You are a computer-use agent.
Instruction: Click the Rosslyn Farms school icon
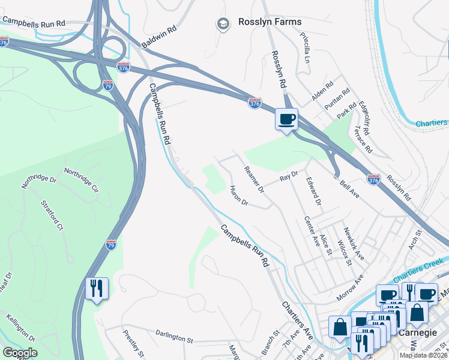223,24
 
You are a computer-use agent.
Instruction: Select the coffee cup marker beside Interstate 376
286,119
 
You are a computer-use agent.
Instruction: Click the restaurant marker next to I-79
96,289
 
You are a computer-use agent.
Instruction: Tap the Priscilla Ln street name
305,48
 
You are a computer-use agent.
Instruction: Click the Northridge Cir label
81,180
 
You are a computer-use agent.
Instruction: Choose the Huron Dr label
238,196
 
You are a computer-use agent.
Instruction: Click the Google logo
19,353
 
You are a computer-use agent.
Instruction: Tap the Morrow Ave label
350,287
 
